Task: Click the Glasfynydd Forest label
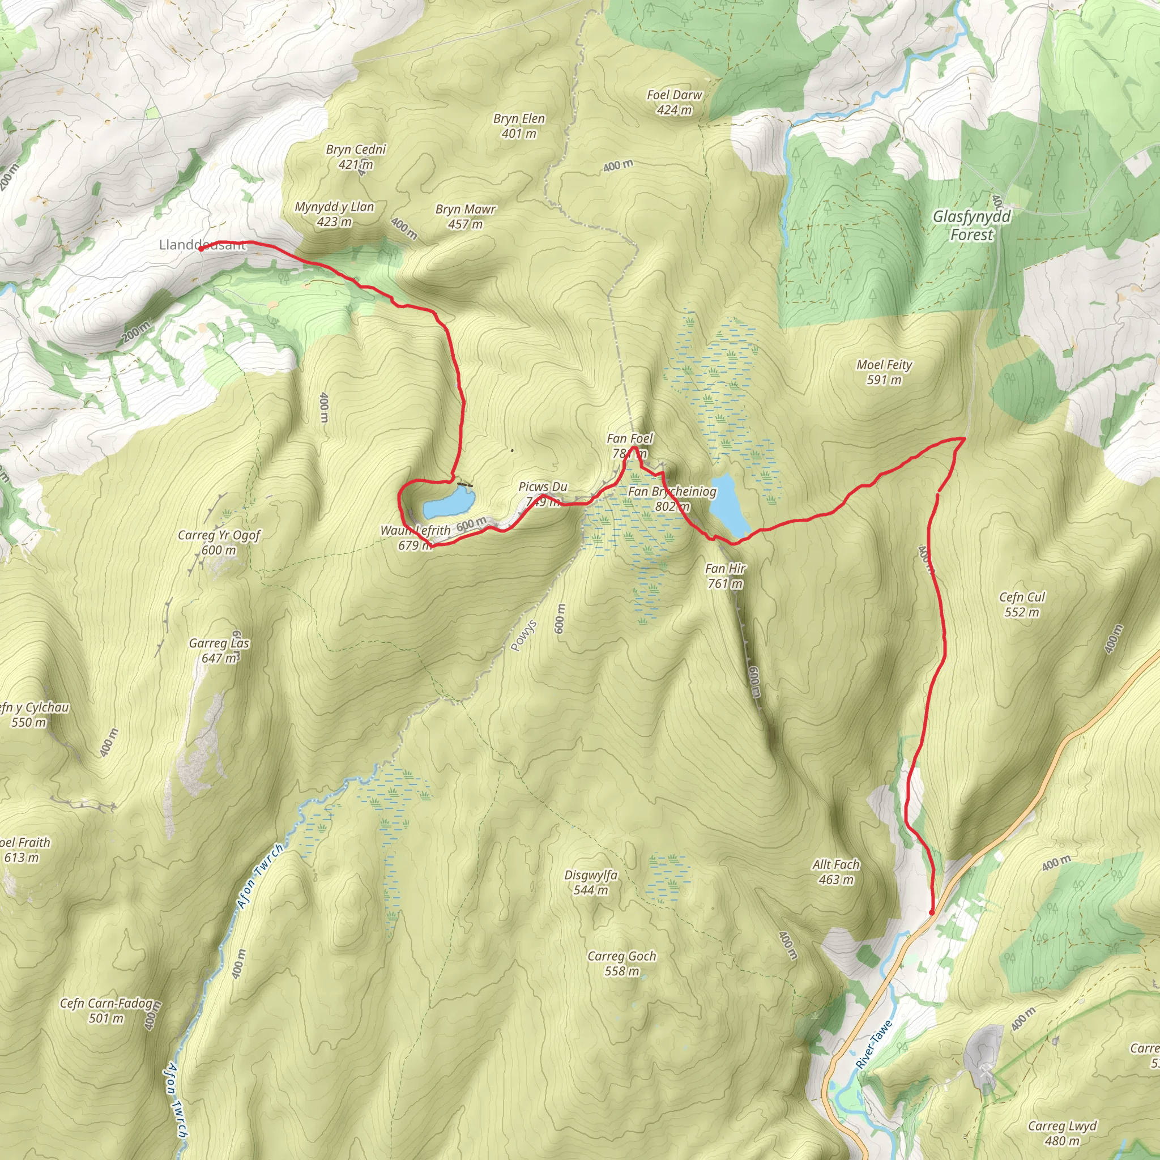pyautogui.click(x=971, y=225)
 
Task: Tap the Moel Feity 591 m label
pyautogui.click(x=884, y=372)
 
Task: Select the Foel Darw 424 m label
pyautogui.click(x=674, y=102)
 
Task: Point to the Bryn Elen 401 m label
pyautogui.click(x=519, y=126)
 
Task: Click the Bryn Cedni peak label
pyautogui.click(x=356, y=156)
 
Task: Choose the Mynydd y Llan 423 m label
pyautogui.click(x=334, y=214)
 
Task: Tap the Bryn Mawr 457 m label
pyautogui.click(x=466, y=216)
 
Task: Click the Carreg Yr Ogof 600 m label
pyautogui.click(x=219, y=542)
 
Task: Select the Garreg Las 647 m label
pyautogui.click(x=219, y=650)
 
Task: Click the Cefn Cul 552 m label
pyautogui.click(x=1021, y=604)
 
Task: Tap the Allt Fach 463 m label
pyautogui.click(x=835, y=872)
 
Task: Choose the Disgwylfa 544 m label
pyautogui.click(x=590, y=882)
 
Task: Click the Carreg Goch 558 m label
pyautogui.click(x=621, y=963)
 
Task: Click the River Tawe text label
pyautogui.click(x=874, y=1044)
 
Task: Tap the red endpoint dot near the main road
pyautogui.click(x=931, y=912)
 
